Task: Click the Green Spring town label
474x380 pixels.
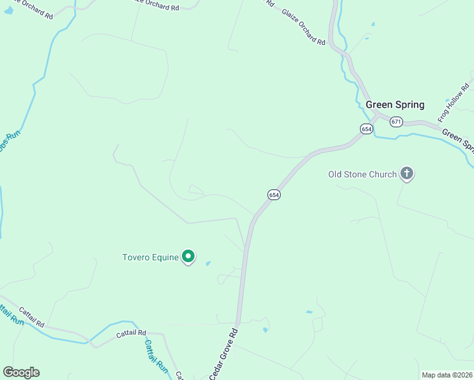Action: click(395, 105)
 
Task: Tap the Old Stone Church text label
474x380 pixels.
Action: click(362, 174)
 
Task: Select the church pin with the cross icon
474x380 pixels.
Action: click(407, 173)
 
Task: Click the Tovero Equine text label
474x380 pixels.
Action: click(150, 257)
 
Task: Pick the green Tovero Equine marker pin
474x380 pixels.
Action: click(188, 256)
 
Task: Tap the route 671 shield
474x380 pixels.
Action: click(397, 122)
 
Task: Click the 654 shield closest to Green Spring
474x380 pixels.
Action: click(366, 129)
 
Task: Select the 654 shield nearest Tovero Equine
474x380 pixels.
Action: click(274, 195)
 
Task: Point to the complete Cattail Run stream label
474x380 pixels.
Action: click(155, 357)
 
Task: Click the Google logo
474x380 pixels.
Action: click(21, 372)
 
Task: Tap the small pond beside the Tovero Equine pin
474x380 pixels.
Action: click(208, 263)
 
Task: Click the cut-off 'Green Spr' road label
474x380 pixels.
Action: click(458, 140)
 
